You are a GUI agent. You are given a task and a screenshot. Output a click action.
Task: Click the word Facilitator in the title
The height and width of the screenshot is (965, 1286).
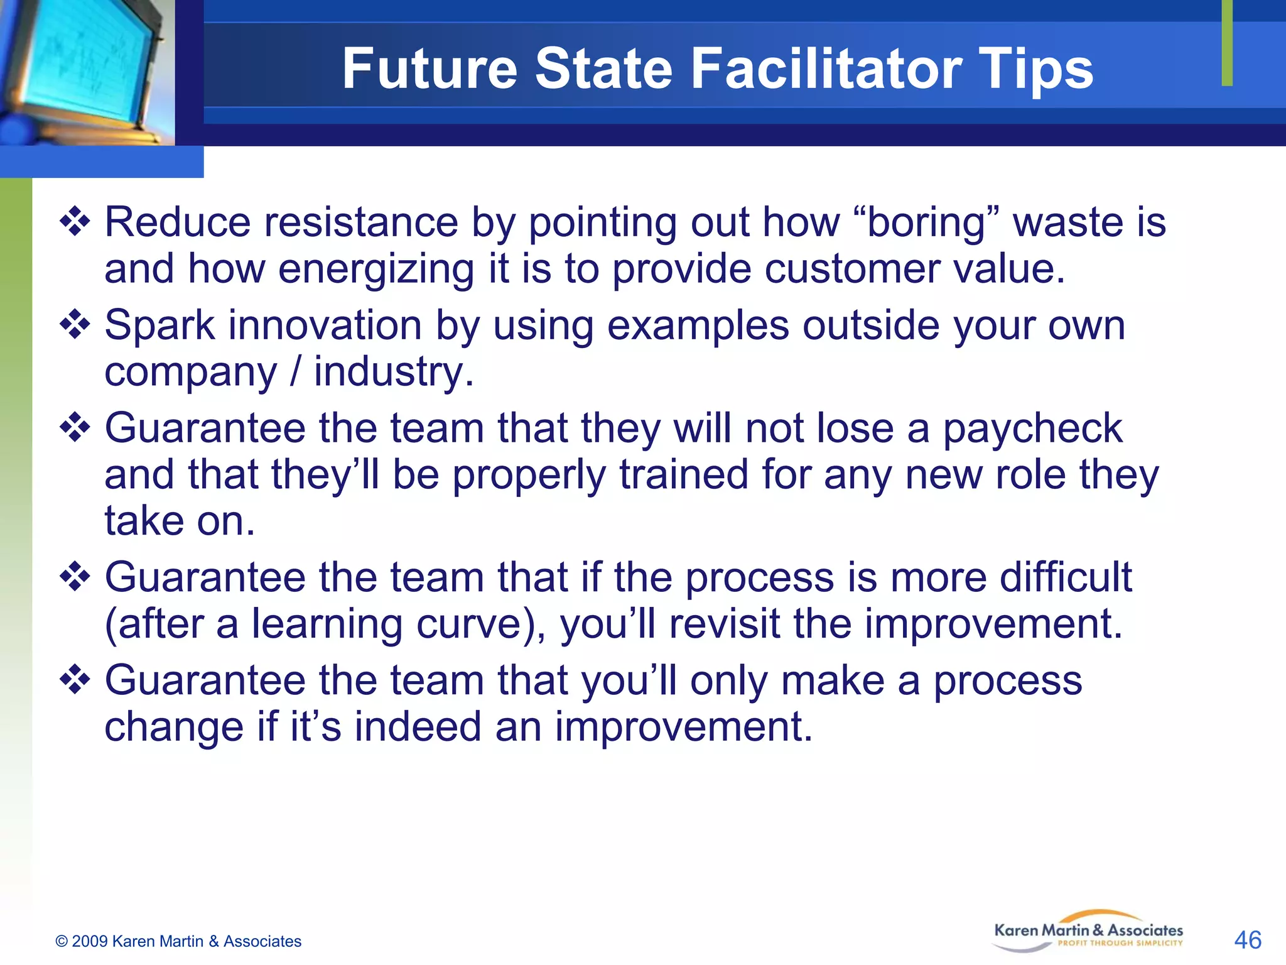pos(827,68)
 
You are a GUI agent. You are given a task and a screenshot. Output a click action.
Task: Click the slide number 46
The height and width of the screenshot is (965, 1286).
pos(1247,940)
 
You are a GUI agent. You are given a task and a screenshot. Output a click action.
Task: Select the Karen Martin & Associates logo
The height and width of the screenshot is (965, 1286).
pos(1088,932)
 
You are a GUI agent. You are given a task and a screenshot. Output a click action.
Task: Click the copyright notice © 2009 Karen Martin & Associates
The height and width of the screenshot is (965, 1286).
pos(178,941)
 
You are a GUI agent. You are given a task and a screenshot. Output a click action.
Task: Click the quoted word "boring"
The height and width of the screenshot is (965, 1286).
pos(927,223)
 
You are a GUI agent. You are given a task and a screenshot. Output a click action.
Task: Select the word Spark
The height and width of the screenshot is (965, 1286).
pos(159,326)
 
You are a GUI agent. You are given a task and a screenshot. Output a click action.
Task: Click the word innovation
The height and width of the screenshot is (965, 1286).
pos(325,326)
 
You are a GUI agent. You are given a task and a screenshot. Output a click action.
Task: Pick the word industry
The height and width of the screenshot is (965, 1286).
pos(394,373)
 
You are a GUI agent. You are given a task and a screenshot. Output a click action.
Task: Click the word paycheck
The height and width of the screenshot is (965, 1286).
pos(1033,430)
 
